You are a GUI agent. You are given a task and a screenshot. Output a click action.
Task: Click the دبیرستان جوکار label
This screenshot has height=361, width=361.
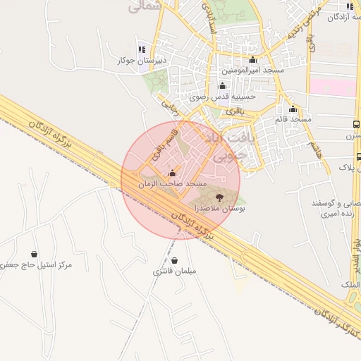point(141,61)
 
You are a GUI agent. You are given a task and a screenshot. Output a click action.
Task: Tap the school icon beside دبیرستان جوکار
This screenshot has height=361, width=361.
point(142,49)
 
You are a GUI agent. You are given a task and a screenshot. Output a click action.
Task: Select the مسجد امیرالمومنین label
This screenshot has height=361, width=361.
point(253,71)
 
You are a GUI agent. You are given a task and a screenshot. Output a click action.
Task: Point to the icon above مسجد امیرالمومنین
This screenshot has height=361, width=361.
point(253,59)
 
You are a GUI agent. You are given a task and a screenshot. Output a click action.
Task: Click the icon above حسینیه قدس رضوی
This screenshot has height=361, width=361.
point(224,86)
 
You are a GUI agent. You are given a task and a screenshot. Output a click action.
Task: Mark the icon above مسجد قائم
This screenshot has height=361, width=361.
point(293,109)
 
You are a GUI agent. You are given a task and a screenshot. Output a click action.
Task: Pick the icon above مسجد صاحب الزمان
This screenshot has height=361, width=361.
point(173,173)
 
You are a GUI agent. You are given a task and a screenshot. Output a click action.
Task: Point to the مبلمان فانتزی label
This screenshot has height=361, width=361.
point(174,271)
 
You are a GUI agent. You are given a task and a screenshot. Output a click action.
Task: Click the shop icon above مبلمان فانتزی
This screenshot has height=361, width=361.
point(174,261)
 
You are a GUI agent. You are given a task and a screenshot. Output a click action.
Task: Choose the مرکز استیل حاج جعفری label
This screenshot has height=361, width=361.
point(35,265)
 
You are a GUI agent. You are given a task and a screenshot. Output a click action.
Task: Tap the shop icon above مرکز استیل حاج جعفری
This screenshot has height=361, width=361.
point(34,254)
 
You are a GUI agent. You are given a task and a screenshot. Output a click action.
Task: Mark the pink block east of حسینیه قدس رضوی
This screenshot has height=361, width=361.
point(334,87)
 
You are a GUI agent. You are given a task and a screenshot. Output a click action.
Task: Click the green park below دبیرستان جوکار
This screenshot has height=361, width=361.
point(156,83)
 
